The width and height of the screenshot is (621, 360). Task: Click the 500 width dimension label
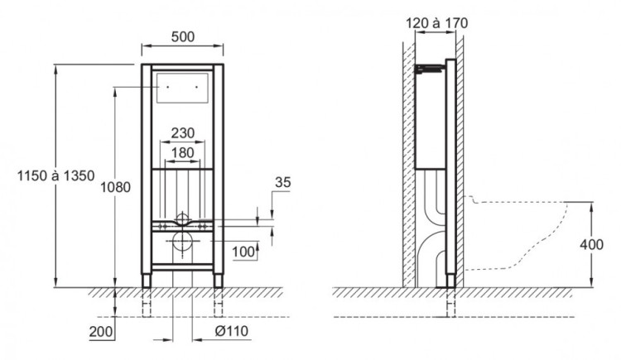click(x=183, y=37)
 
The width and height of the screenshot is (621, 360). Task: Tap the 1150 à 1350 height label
click(x=55, y=175)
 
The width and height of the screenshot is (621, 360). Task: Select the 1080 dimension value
click(x=115, y=187)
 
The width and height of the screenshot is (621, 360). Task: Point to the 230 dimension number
click(x=183, y=133)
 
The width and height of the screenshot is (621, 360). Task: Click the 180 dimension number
click(x=183, y=152)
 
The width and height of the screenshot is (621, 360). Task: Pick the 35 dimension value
click(x=283, y=182)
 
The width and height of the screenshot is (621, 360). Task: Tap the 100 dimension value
click(x=243, y=252)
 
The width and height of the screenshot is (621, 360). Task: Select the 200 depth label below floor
click(x=100, y=332)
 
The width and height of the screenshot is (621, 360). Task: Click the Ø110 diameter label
click(x=232, y=331)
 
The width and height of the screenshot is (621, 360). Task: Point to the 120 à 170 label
click(x=436, y=23)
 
